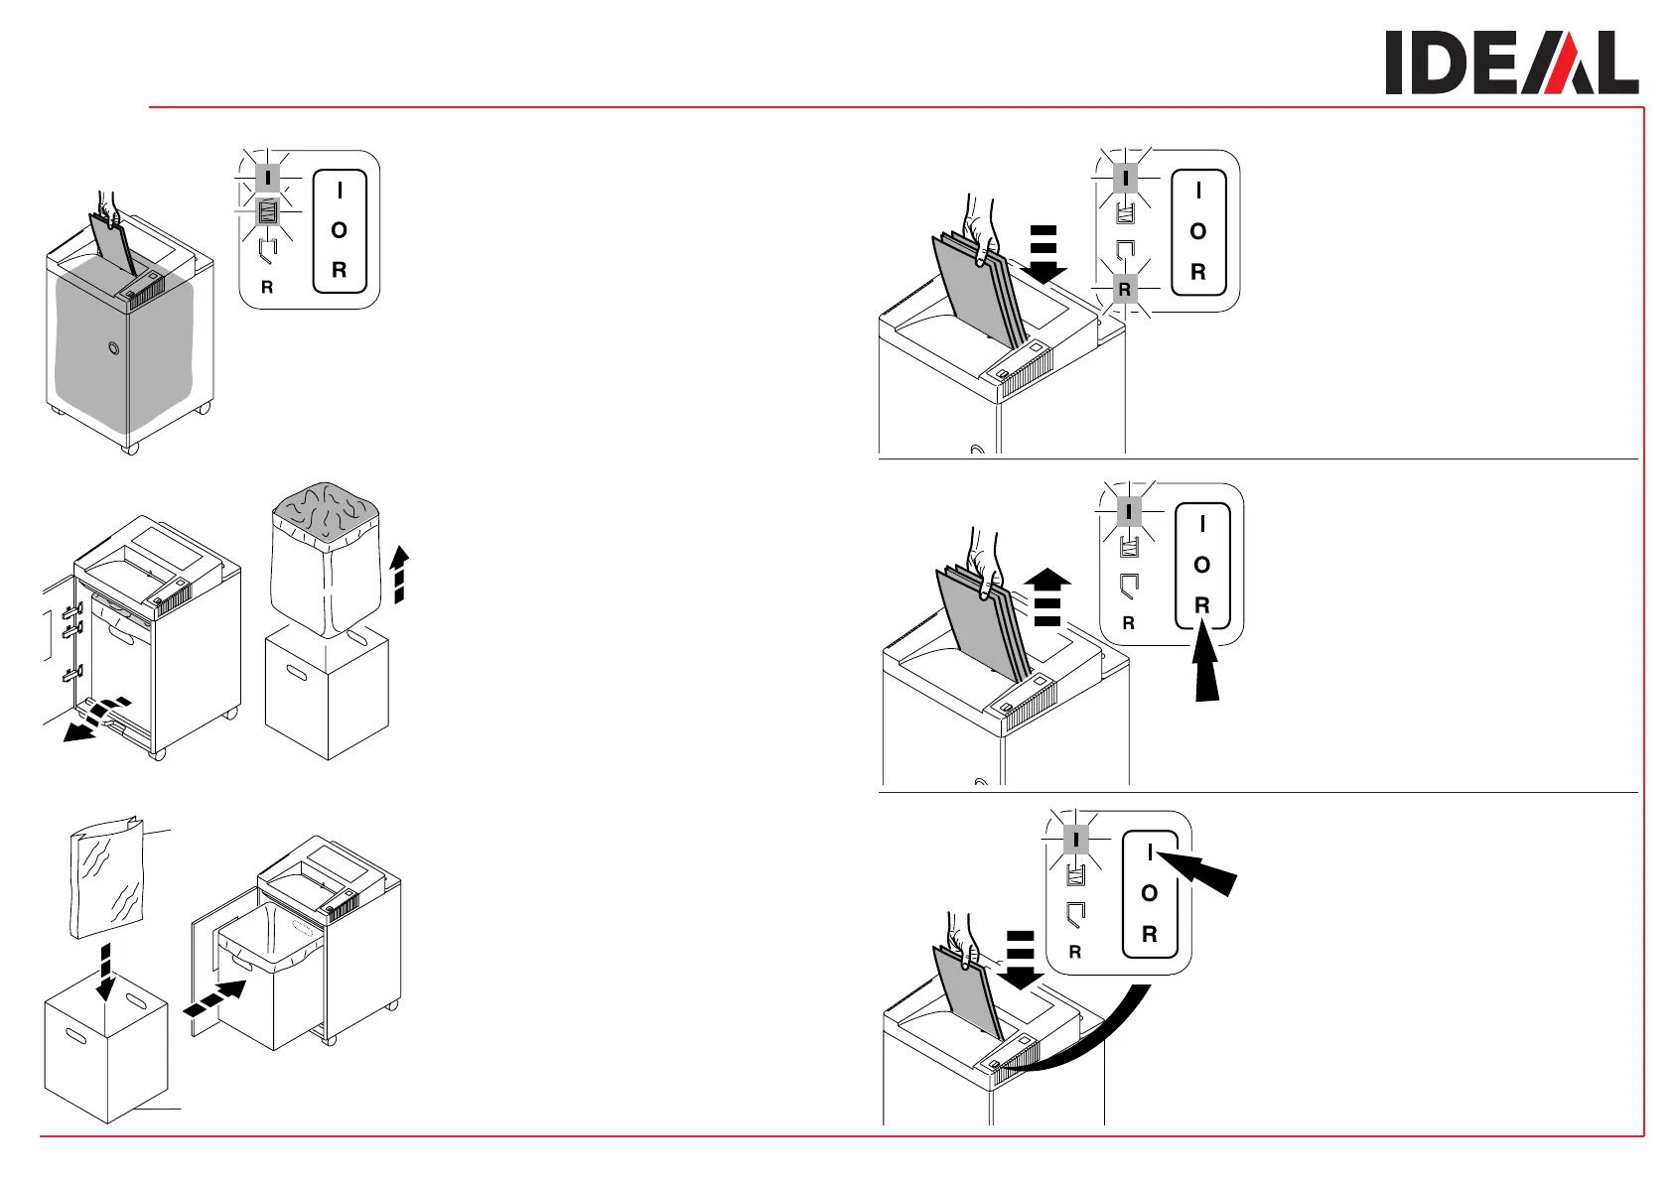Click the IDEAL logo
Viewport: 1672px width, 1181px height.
click(x=1511, y=63)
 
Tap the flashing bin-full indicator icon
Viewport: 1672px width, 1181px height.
click(x=267, y=212)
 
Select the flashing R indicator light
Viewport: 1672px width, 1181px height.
click(x=1124, y=289)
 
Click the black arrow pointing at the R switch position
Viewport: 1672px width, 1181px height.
click(x=1206, y=665)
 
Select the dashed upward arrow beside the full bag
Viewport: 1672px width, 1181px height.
click(x=399, y=574)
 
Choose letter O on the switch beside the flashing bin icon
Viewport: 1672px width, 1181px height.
click(x=340, y=230)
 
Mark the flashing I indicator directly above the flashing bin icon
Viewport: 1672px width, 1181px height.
click(x=267, y=179)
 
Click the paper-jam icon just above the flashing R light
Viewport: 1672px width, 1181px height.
click(x=1125, y=250)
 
